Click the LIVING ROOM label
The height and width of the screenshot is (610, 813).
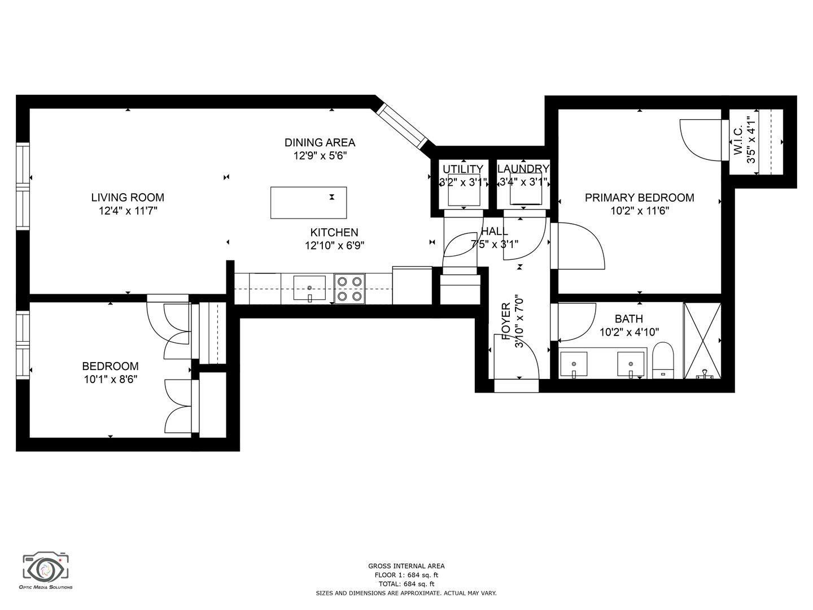click(x=128, y=198)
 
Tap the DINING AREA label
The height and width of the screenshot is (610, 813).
click(x=320, y=142)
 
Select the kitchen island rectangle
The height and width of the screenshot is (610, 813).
click(x=308, y=203)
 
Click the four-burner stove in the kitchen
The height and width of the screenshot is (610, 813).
click(x=349, y=289)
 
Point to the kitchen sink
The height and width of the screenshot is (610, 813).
click(x=309, y=288)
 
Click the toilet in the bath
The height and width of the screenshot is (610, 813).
click(x=663, y=360)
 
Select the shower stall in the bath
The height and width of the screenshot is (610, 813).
click(x=702, y=341)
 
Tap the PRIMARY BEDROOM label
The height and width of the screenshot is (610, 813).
click(x=640, y=198)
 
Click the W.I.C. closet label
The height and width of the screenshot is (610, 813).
click(x=738, y=140)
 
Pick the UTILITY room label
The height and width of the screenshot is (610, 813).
click(x=463, y=169)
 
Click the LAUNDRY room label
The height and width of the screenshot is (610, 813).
click(x=523, y=169)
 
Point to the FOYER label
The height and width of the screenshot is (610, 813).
click(x=506, y=321)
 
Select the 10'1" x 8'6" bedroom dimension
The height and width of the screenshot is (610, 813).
click(x=111, y=380)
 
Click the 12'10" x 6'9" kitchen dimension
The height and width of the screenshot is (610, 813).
click(x=334, y=246)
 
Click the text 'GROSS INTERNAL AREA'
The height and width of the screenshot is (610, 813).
click(x=406, y=566)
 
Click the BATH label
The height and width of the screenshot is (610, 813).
click(x=629, y=319)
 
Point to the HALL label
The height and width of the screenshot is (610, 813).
click(x=495, y=232)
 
